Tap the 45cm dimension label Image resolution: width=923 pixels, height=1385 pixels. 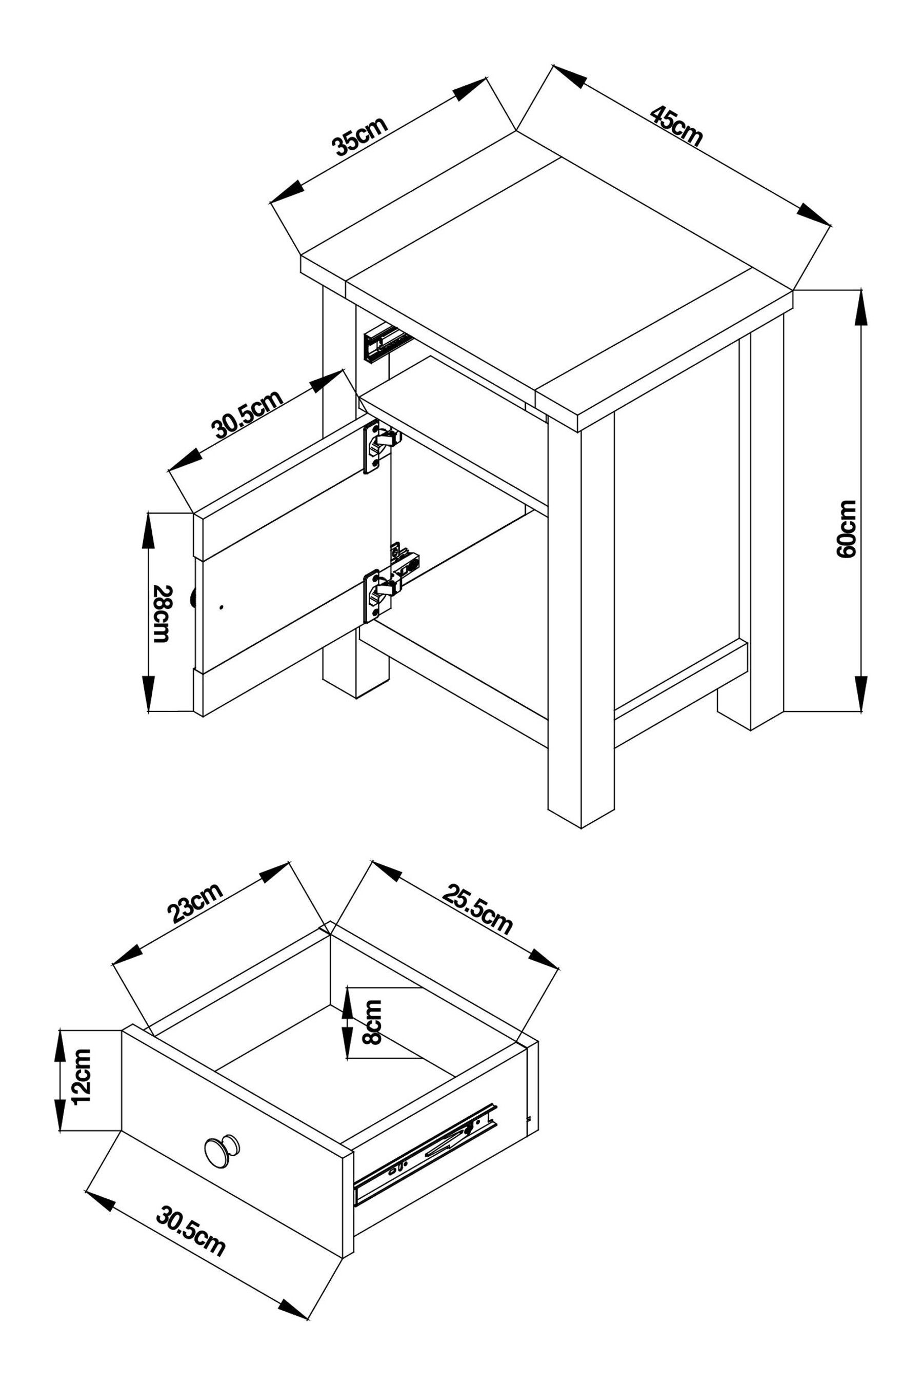(x=676, y=126)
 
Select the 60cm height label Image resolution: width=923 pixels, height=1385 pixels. (x=846, y=529)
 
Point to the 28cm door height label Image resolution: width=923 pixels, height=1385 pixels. (x=160, y=614)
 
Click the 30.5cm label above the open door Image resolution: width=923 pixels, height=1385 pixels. (x=248, y=414)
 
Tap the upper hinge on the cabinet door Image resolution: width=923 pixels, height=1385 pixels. (x=377, y=446)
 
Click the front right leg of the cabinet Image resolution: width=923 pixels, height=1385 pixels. (x=580, y=618)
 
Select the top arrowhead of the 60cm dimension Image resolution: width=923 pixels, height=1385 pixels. (x=860, y=309)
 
